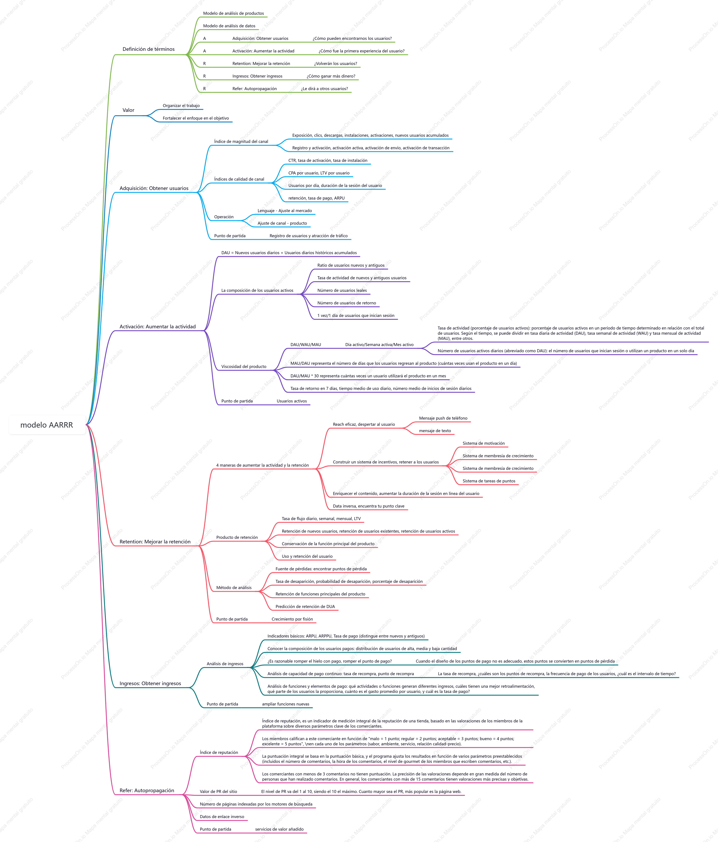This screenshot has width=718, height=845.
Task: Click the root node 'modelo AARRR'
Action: point(47,425)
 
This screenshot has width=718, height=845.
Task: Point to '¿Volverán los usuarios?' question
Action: point(335,64)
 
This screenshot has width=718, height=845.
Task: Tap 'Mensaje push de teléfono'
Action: point(443,418)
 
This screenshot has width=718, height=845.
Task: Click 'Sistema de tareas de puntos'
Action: point(489,481)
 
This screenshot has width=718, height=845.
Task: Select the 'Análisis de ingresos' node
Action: point(225,664)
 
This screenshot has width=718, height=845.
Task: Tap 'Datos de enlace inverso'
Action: point(222,816)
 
